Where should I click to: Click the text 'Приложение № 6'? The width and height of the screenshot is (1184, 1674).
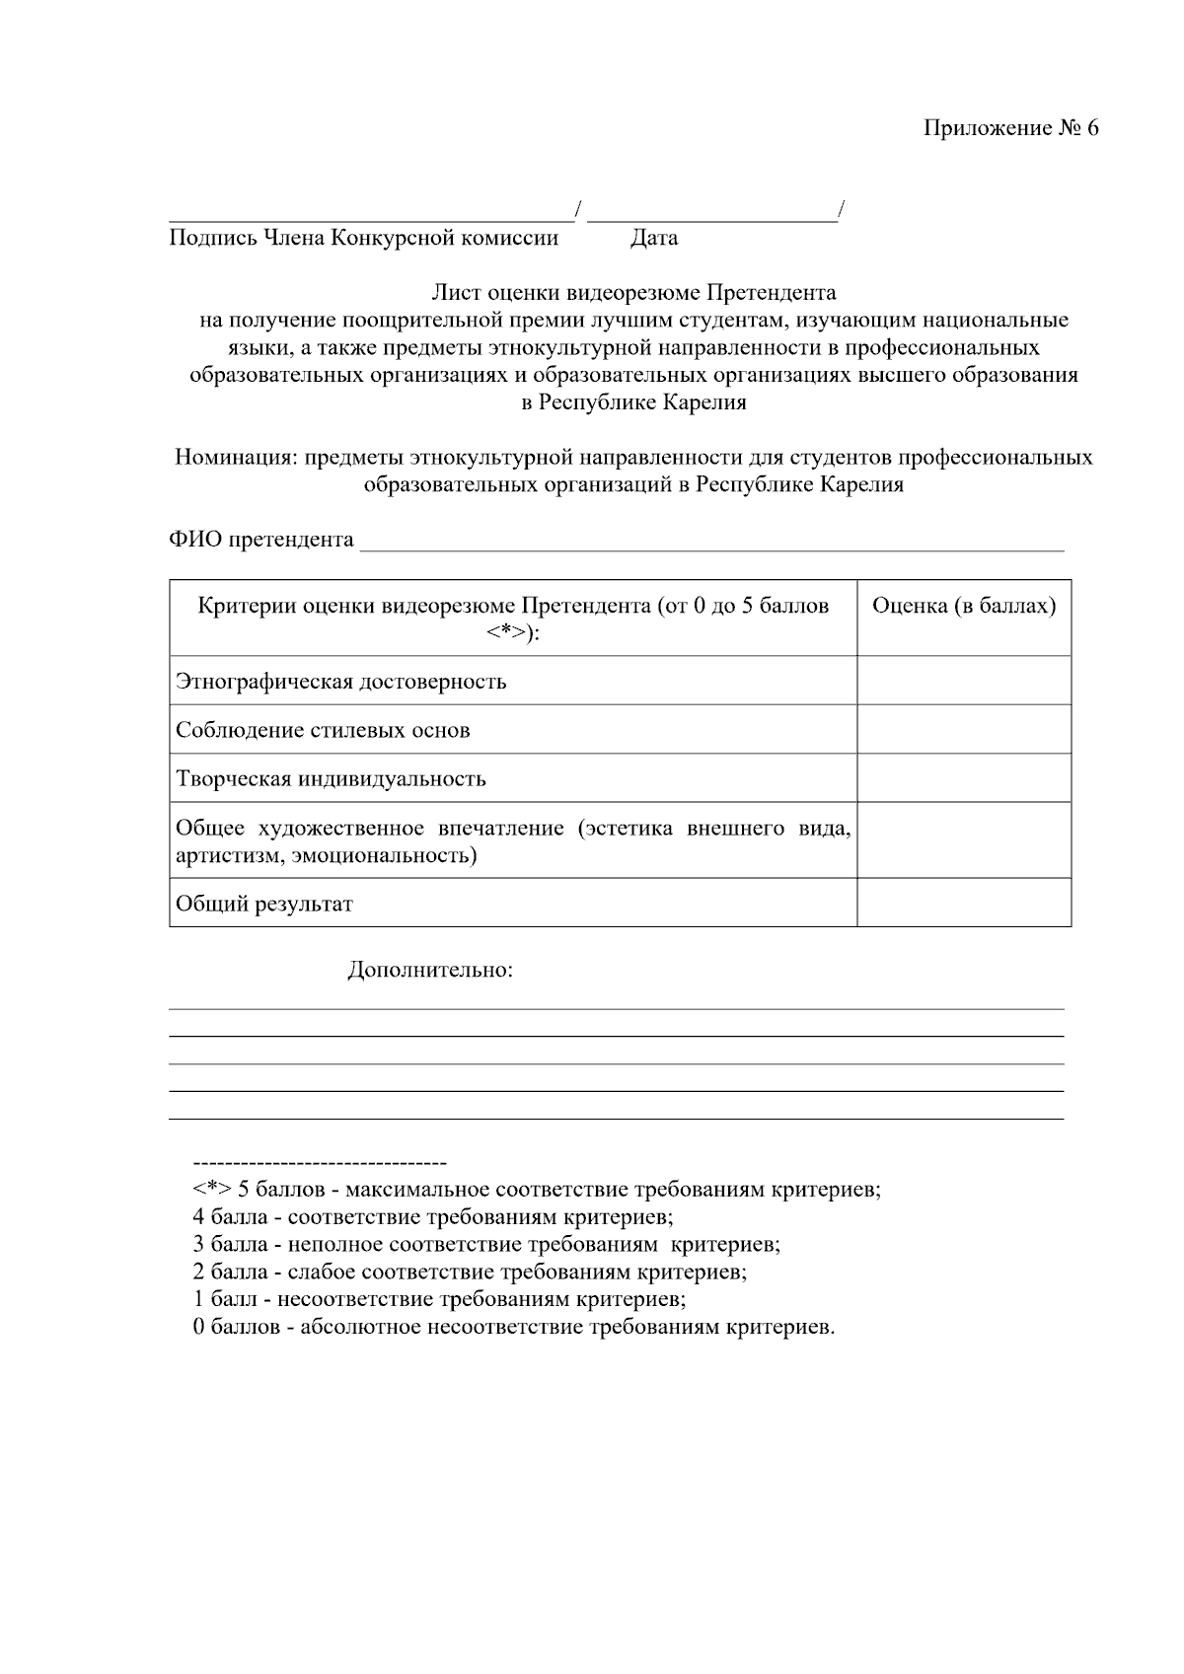(1010, 129)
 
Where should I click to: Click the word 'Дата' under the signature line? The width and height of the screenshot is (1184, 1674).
(654, 238)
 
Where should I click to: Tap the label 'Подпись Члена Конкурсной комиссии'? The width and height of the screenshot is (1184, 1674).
(364, 238)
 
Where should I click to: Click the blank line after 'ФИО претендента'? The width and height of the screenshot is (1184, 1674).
(711, 541)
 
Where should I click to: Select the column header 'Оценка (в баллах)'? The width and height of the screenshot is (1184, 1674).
(963, 606)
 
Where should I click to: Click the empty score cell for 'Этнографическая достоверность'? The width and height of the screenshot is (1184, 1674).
(963, 681)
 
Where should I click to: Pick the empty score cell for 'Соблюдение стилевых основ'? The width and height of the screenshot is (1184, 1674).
(963, 730)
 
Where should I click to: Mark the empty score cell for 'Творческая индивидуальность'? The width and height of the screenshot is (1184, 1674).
(963, 778)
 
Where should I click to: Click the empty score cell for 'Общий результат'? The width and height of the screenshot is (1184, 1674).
(963, 903)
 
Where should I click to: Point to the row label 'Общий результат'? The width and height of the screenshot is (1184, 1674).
(264, 904)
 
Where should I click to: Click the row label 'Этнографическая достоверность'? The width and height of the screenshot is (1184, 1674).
(340, 682)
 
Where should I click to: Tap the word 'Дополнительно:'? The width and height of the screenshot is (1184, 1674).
(430, 970)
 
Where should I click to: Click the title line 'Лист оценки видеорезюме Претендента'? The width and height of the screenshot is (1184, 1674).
(633, 293)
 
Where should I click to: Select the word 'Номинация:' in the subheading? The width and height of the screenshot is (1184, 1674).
(236, 458)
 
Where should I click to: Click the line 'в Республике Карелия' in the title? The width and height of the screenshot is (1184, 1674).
(633, 402)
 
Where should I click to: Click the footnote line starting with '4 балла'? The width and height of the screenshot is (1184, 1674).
(433, 1217)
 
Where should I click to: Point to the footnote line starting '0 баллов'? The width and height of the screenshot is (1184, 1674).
(514, 1327)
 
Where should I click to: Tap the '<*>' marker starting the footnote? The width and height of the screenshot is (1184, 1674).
(211, 1190)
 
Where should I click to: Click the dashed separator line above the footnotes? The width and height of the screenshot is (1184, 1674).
(320, 1163)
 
